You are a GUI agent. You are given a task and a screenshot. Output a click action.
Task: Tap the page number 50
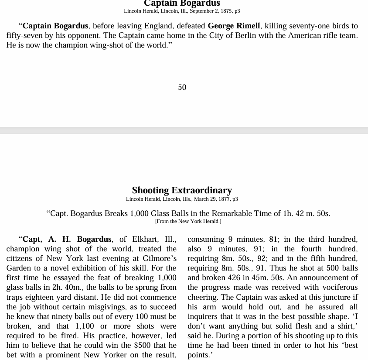tap(182, 87)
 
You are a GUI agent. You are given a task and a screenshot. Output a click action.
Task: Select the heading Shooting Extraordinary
tap(182, 190)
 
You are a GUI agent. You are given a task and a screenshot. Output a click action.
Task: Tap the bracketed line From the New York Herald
tap(188, 221)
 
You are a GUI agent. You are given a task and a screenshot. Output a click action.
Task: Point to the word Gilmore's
tap(157, 258)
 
